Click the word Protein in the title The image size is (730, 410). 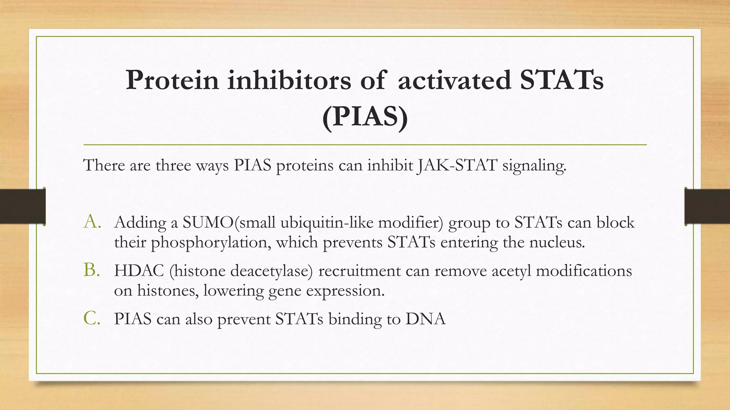click(172, 80)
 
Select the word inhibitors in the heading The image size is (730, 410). click(289, 80)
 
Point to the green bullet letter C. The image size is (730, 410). click(91, 318)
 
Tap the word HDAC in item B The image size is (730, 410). click(139, 271)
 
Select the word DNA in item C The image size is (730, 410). click(425, 319)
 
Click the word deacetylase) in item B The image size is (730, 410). click(272, 271)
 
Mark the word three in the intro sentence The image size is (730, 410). click(173, 165)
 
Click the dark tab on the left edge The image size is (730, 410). click(22, 206)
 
